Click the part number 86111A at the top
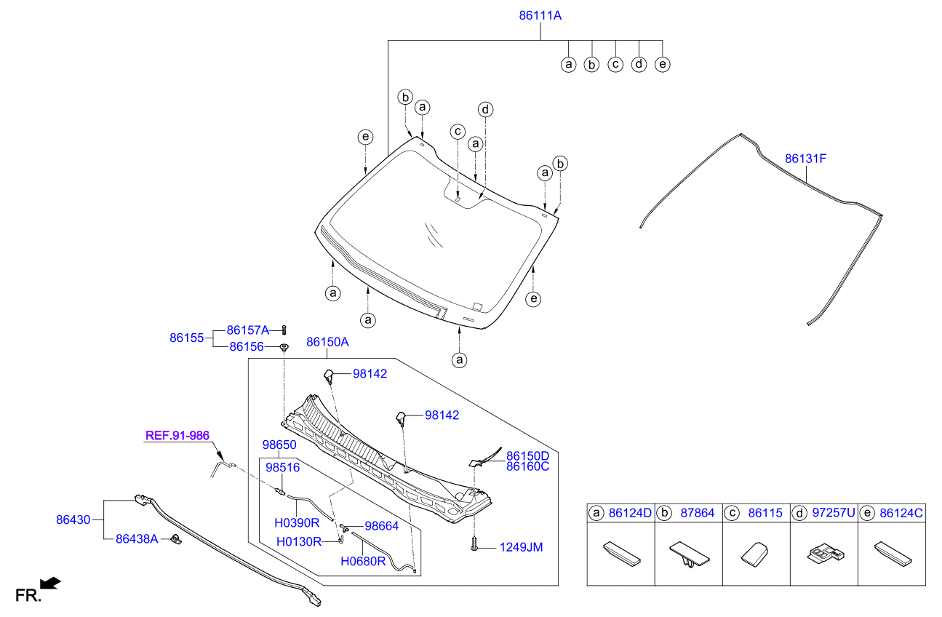tap(540, 15)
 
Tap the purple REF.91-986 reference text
tap(177, 436)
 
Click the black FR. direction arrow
tap(50, 583)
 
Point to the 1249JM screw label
tap(521, 547)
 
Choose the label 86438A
tap(136, 539)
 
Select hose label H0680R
tap(363, 561)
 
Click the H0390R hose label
tap(297, 522)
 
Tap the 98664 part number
tap(381, 525)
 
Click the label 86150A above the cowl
tap(327, 341)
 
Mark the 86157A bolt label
tap(248, 330)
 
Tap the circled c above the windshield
tap(457, 132)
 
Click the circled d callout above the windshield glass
tap(485, 110)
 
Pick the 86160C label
tap(527, 466)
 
